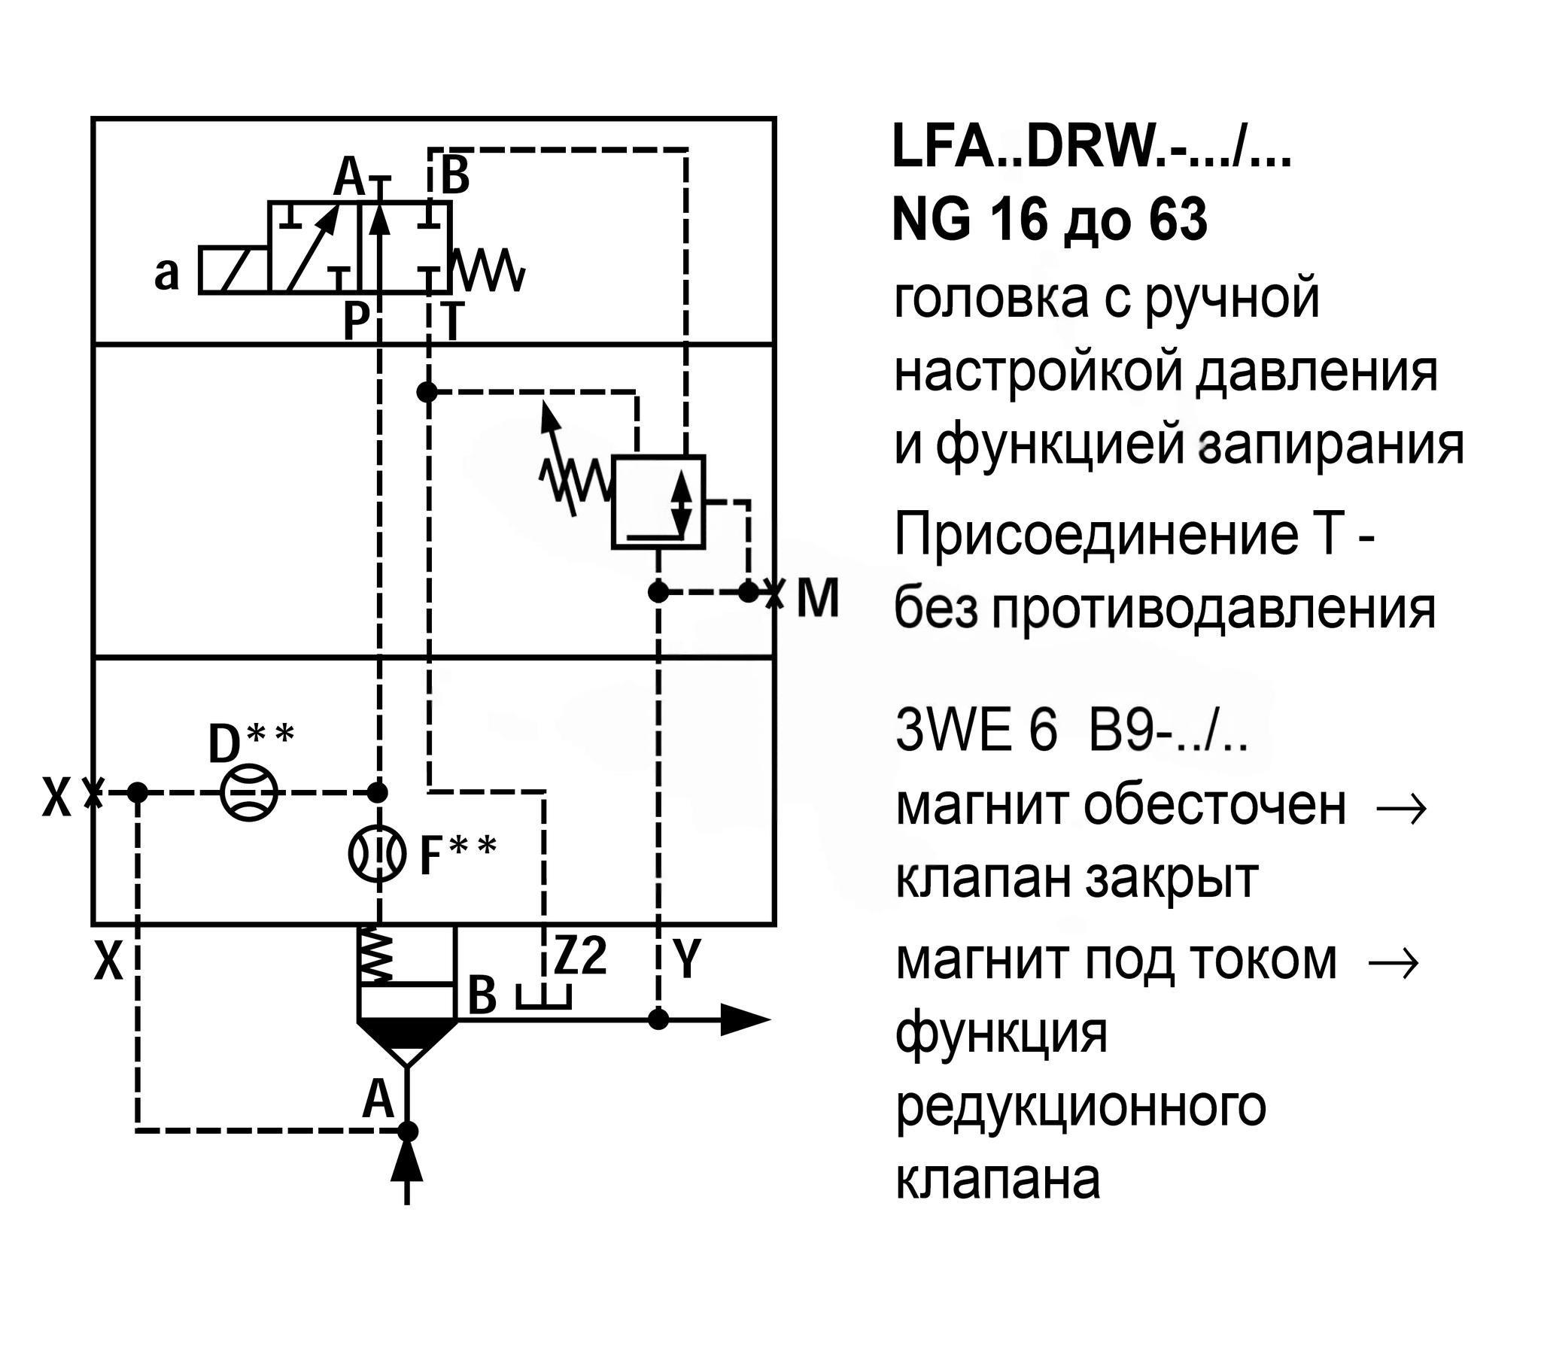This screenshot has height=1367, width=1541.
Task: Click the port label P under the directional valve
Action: [x=355, y=323]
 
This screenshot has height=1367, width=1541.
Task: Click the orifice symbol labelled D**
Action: [x=249, y=792]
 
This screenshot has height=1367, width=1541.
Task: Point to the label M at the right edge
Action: [x=818, y=599]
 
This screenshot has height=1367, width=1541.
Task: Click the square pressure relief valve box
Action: [x=658, y=502]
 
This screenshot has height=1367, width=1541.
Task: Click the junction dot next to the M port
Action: [x=748, y=592]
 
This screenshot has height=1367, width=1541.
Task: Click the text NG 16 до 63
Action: [x=1050, y=220]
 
